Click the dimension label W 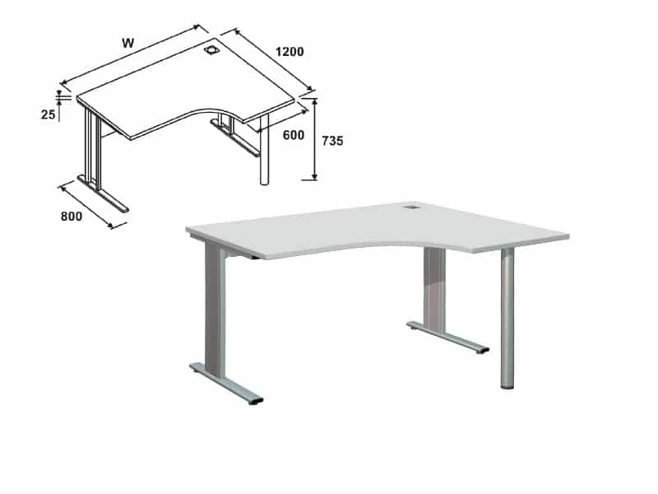click(128, 43)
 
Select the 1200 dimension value click(290, 52)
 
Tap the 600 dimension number click(294, 135)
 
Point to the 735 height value click(332, 141)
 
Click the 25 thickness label click(48, 114)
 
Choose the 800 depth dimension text click(72, 216)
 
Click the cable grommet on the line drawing click(211, 50)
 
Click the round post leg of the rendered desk click(507, 318)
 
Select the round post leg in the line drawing click(264, 149)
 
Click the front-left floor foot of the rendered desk click(227, 383)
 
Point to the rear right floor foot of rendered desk click(447, 338)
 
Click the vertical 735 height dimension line click(315, 139)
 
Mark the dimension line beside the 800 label click(86, 207)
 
